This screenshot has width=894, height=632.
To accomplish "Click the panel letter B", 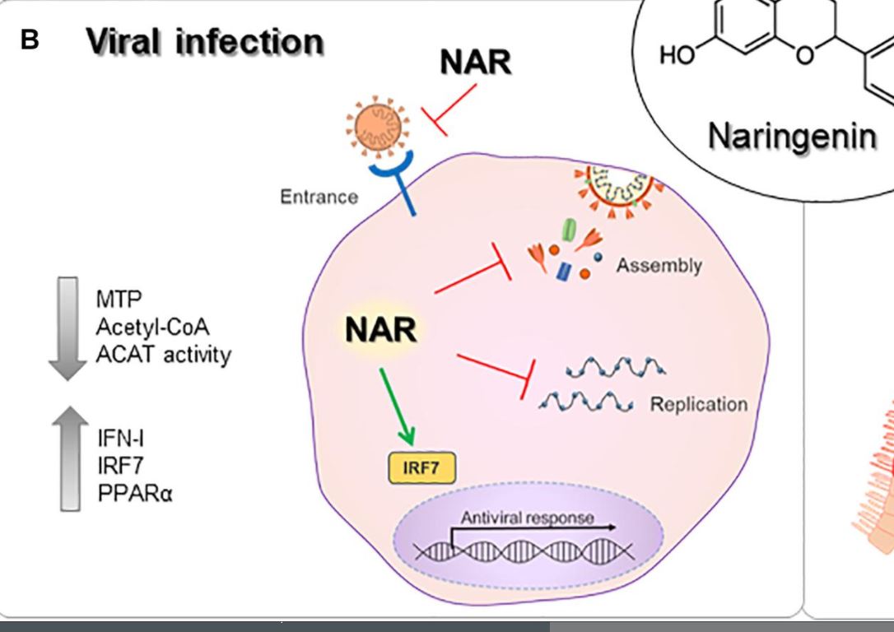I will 30,39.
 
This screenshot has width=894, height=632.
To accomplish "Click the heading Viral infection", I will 205,42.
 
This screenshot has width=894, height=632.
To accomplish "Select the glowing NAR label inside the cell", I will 381,331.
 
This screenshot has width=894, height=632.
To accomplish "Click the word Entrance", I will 319,197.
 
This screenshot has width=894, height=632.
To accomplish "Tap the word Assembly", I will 659,266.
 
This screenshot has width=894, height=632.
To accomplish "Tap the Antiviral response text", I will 516,518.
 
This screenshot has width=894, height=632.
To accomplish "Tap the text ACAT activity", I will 164,355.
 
